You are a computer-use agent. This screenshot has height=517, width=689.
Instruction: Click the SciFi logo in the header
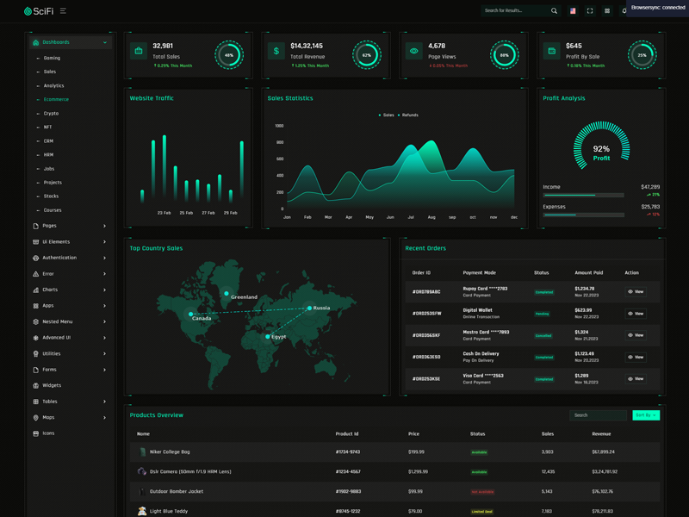[40, 10]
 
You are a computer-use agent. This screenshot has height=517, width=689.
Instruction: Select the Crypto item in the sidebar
[52, 113]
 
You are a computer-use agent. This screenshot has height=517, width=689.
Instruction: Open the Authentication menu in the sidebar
[59, 258]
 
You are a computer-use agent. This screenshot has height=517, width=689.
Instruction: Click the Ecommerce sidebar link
[56, 99]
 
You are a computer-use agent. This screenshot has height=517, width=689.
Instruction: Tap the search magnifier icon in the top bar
[554, 11]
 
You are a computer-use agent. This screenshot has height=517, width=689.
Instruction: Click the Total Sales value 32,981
[163, 46]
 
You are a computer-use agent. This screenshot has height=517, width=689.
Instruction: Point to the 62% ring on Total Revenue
[366, 55]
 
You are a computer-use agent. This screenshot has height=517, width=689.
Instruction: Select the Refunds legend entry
[409, 115]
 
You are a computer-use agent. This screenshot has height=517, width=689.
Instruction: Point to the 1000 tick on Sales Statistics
[279, 126]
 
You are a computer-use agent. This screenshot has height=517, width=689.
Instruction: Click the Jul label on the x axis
[411, 217]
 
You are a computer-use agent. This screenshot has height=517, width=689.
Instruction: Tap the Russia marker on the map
[310, 308]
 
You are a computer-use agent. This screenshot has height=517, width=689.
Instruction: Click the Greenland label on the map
[244, 296]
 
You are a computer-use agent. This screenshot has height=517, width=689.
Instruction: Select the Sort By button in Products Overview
[645, 415]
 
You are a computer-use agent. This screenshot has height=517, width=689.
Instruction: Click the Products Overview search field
[598, 415]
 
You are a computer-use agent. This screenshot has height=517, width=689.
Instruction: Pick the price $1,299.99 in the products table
[418, 471]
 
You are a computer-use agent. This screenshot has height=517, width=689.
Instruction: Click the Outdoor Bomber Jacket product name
[177, 491]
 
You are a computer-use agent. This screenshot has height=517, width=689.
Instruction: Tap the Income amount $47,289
[650, 187]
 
